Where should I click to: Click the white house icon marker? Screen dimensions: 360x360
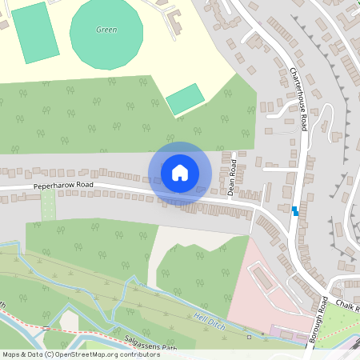click(180, 173)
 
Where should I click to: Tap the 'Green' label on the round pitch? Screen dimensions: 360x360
click(106, 30)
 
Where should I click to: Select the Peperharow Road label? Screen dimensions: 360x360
click(64, 186)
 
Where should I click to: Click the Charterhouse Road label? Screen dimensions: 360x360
click(299, 99)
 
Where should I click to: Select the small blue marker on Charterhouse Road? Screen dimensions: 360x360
click(295, 211)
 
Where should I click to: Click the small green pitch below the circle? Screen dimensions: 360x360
click(185, 99)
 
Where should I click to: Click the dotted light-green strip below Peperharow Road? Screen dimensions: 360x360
click(49, 206)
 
